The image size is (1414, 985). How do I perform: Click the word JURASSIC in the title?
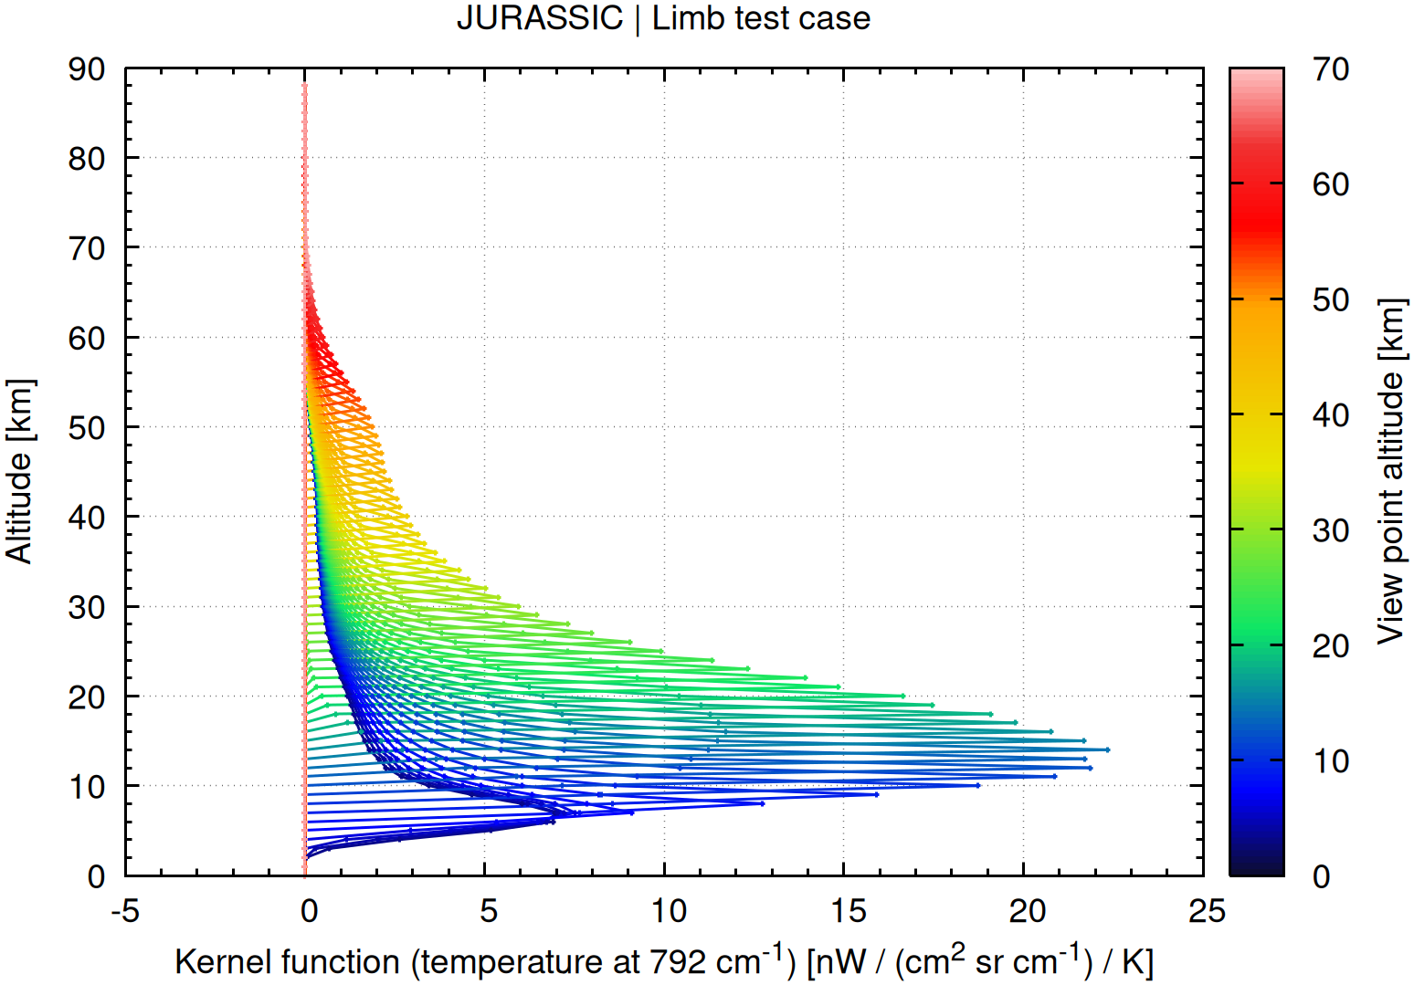pyautogui.click(x=539, y=18)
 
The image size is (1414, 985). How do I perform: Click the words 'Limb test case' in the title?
pyautogui.click(x=761, y=18)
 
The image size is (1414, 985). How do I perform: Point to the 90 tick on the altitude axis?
pyautogui.click(x=87, y=69)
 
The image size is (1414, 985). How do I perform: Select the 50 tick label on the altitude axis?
pyautogui.click(x=87, y=428)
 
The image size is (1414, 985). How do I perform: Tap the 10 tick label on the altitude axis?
pyautogui.click(x=87, y=787)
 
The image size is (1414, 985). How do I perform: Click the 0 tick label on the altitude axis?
pyautogui.click(x=96, y=876)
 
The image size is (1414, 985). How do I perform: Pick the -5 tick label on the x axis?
pyautogui.click(x=125, y=910)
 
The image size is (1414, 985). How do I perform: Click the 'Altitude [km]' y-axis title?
pyautogui.click(x=20, y=471)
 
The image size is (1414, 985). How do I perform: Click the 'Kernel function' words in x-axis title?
pyautogui.click(x=287, y=962)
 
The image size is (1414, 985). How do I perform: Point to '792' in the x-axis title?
pyautogui.click(x=676, y=962)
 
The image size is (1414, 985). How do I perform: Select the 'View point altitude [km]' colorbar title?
pyautogui.click(x=1390, y=471)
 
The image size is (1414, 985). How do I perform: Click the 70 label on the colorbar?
pyautogui.click(x=1330, y=69)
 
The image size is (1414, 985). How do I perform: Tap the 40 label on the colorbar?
pyautogui.click(x=1330, y=415)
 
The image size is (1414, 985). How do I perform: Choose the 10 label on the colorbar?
pyautogui.click(x=1330, y=761)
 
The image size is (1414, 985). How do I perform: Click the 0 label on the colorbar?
pyautogui.click(x=1321, y=876)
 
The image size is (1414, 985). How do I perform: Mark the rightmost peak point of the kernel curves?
pyautogui.click(x=1107, y=749)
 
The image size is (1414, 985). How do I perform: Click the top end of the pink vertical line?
pyautogui.click(x=304, y=85)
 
